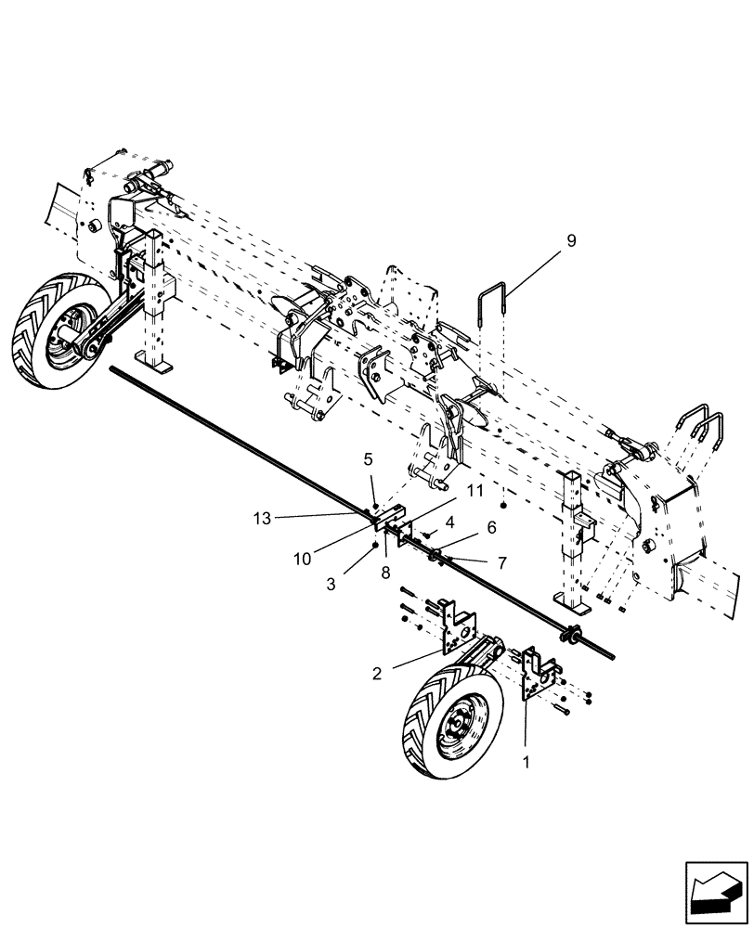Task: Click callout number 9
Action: [570, 241]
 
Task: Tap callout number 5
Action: [368, 458]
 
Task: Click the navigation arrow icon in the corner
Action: [715, 890]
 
